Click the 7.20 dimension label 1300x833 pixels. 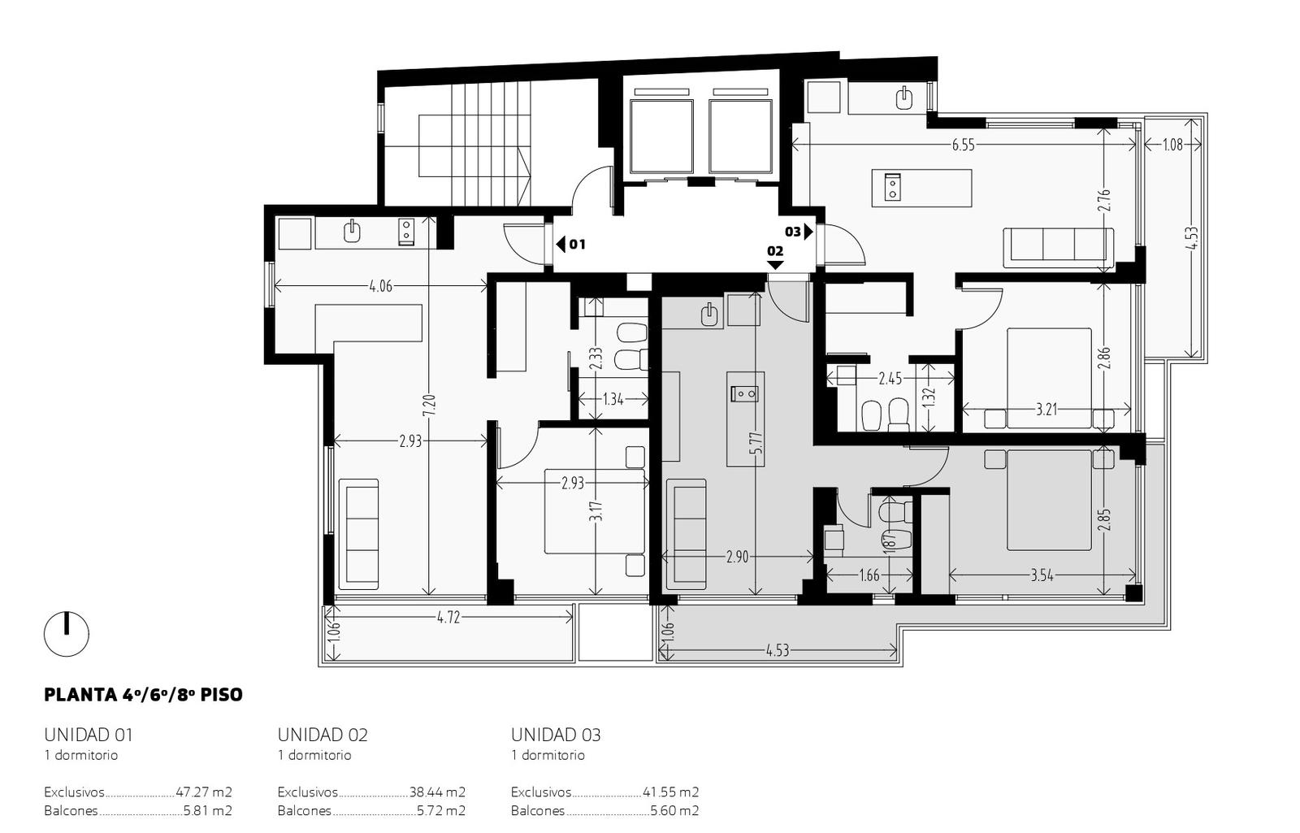tap(429, 406)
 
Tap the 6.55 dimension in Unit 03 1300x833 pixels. tap(964, 145)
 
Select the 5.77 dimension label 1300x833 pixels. tap(756, 444)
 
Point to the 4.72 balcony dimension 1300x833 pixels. tap(448, 618)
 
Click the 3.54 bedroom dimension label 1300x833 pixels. tap(1042, 576)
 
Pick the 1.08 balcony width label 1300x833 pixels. tap(1172, 145)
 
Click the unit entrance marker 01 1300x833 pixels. tap(570, 245)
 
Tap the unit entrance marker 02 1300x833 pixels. tap(775, 256)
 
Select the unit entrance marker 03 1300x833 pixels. tap(799, 232)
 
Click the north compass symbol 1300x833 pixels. tap(67, 634)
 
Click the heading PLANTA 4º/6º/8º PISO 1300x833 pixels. tap(143, 695)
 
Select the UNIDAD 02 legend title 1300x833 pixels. tap(323, 735)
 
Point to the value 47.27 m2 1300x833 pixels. tap(204, 792)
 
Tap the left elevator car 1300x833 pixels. tap(661, 137)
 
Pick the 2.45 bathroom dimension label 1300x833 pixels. tap(890, 379)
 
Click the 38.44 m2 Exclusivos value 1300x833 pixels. tap(437, 792)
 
